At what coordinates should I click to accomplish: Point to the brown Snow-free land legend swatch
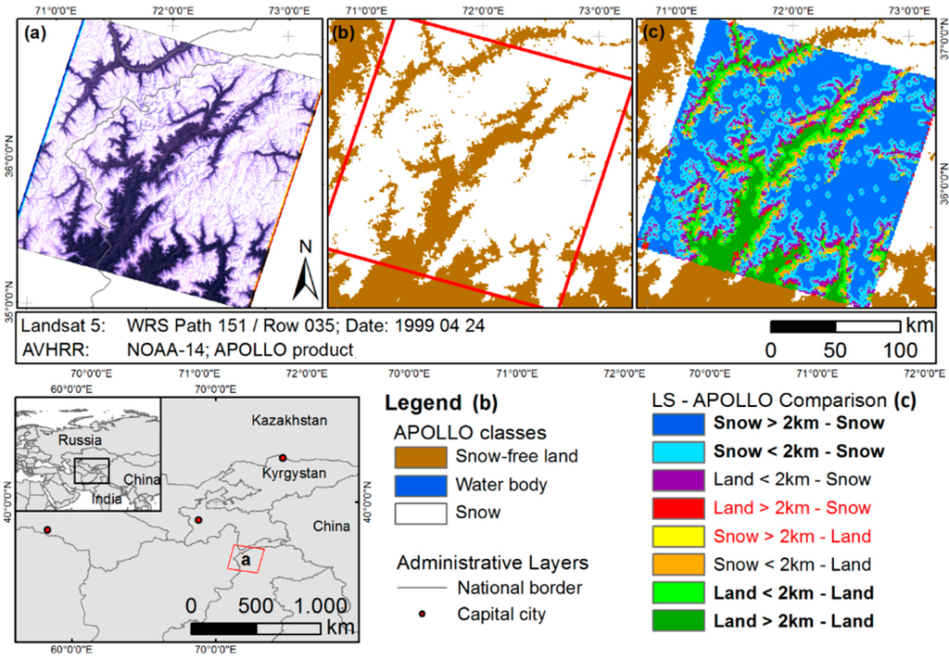[424, 457]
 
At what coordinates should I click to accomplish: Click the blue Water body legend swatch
[424, 485]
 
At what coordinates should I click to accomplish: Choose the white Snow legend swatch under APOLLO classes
[424, 513]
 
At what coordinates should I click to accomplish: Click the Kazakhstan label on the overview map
[289, 422]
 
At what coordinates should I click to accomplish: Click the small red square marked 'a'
[247, 560]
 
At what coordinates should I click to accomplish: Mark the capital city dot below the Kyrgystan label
[284, 457]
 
